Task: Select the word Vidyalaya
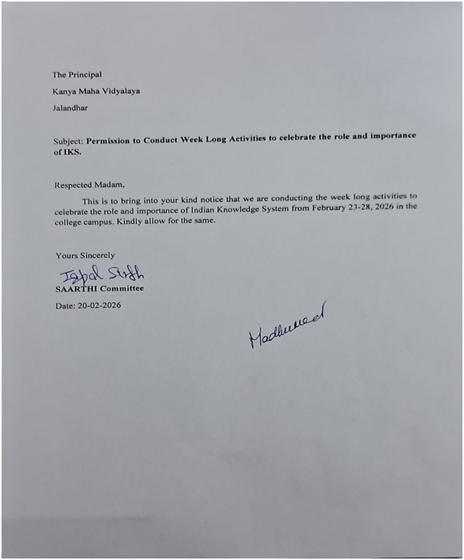tap(121, 91)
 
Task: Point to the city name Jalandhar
tap(70, 107)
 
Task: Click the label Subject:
tap(68, 142)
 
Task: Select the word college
tap(70, 222)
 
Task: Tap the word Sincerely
tap(95, 255)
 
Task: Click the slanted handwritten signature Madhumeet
tap(286, 325)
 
